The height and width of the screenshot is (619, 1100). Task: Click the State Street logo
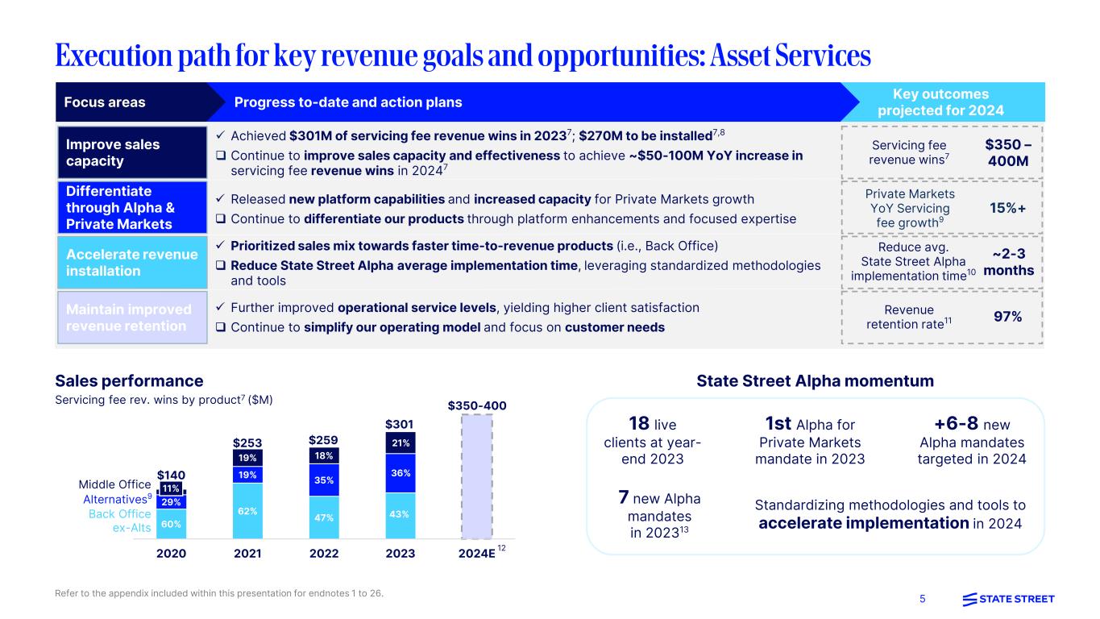pos(1008,599)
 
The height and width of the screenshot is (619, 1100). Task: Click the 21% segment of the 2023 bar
pos(401,442)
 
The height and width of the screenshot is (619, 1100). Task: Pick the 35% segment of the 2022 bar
pos(324,480)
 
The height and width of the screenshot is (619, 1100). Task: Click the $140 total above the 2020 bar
pos(171,476)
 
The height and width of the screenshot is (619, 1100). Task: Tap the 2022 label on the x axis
pos(324,554)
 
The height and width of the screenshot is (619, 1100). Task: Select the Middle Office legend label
pos(114,484)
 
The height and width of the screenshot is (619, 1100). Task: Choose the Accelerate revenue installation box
pos(131,263)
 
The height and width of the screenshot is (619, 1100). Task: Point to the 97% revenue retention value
pos(1008,317)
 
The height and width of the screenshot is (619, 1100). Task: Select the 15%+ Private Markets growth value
pos(1008,208)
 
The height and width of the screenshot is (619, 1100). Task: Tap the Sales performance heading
pos(129,380)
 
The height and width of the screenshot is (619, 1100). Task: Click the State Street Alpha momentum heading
pos(815,380)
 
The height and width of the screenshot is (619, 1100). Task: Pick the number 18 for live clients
pos(639,424)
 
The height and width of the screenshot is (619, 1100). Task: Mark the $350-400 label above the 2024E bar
pos(476,405)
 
